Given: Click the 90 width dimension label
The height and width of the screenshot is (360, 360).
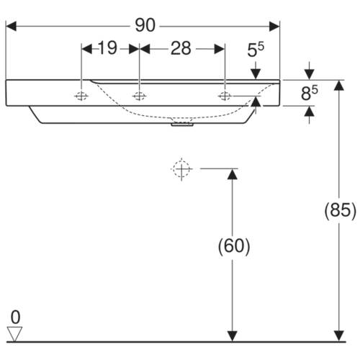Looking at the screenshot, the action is click(145, 25).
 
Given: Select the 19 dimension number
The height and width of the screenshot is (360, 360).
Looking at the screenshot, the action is click(107, 48).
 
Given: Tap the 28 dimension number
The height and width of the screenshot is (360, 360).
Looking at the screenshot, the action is click(181, 48).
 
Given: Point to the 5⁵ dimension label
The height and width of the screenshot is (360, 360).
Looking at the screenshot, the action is click(256, 50).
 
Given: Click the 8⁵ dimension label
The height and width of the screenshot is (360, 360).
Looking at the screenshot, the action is click(310, 93).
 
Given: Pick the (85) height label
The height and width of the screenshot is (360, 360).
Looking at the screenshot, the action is click(341, 210).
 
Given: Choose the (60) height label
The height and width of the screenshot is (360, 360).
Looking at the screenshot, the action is click(234, 246).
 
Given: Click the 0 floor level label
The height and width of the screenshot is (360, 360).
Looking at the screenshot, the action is click(15, 317).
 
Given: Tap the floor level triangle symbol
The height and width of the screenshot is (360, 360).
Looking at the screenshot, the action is click(14, 334).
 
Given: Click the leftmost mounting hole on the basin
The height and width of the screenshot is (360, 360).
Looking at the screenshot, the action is click(81, 96).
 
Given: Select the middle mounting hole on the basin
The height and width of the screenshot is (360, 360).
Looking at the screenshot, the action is click(139, 96).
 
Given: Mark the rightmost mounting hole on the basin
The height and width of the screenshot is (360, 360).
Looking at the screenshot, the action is click(225, 96).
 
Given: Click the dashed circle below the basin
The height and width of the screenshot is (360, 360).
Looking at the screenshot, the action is click(181, 169).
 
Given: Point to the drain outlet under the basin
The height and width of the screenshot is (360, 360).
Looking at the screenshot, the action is click(182, 124).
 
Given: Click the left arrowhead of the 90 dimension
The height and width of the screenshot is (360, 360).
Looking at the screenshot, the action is click(11, 26).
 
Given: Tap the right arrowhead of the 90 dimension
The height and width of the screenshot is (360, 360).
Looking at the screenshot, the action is click(274, 26).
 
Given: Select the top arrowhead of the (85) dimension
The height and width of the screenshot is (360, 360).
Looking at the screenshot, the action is click(339, 85).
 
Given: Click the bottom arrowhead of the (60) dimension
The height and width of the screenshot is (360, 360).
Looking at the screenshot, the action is click(232, 336).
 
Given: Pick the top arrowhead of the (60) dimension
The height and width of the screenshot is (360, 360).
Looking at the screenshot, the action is click(232, 174).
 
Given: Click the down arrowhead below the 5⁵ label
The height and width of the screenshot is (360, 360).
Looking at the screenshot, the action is click(256, 74).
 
